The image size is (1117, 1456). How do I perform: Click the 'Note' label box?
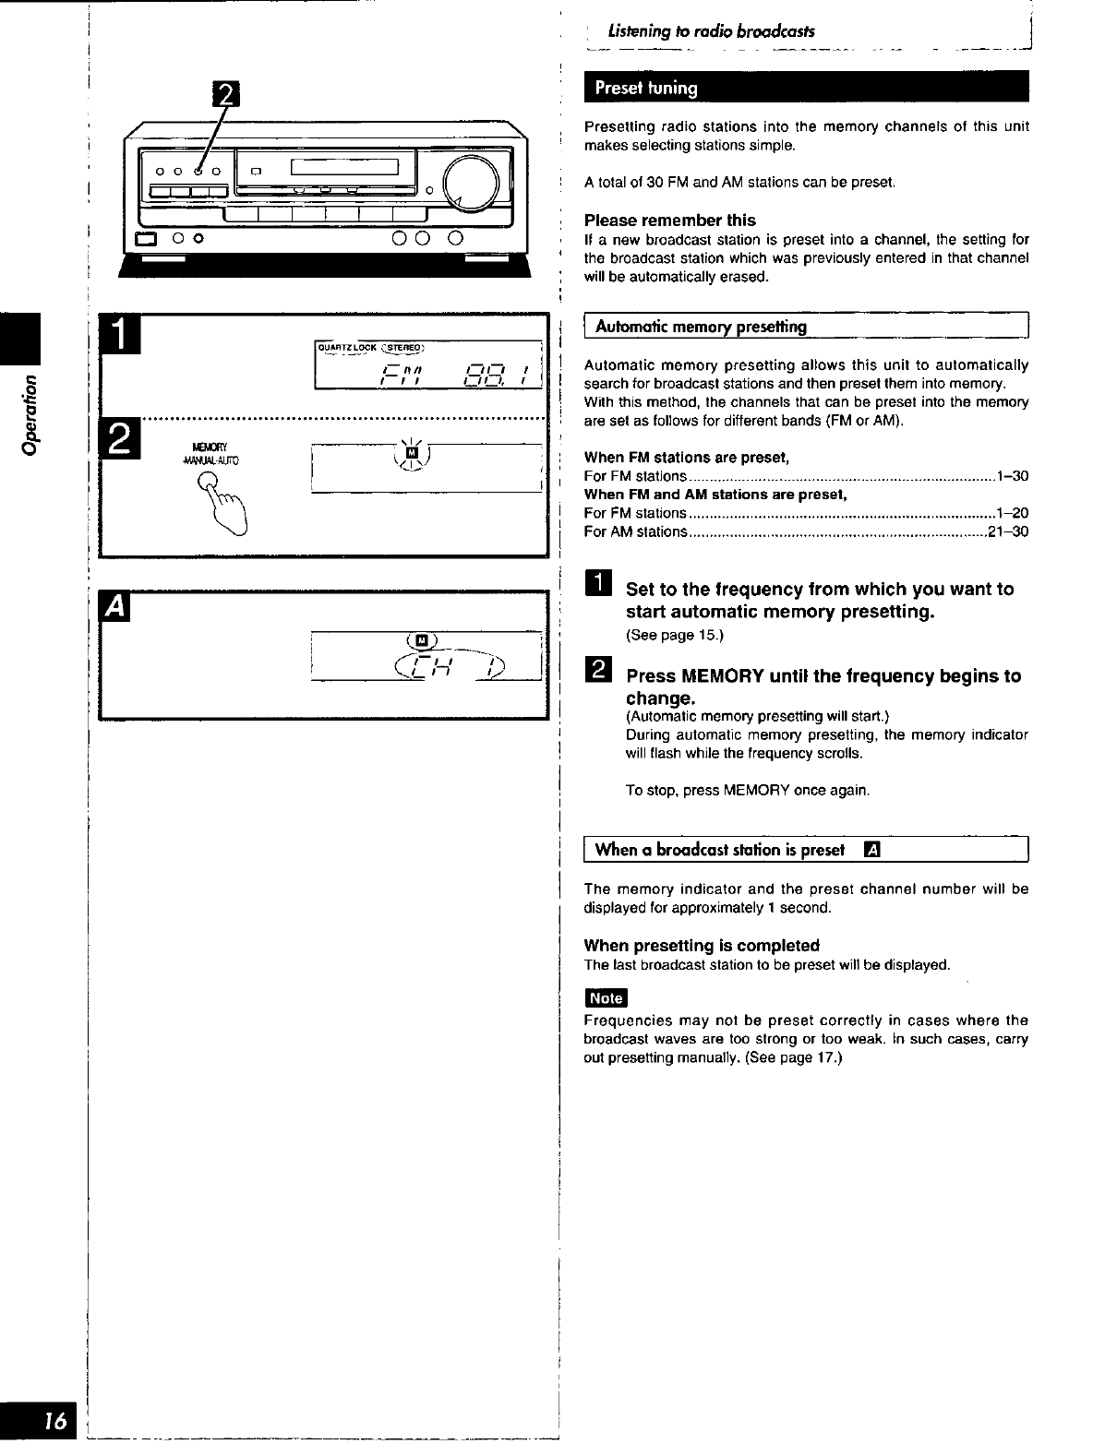[606, 998]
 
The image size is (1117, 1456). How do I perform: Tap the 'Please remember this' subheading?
[669, 221]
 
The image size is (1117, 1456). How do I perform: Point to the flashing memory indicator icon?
[413, 453]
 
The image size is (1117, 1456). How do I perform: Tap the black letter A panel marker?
[117, 607]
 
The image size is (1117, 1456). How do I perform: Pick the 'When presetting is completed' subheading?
[702, 946]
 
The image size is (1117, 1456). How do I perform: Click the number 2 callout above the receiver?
[225, 96]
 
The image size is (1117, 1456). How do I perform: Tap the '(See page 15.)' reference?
[674, 636]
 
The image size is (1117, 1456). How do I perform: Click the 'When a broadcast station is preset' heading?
[720, 850]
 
